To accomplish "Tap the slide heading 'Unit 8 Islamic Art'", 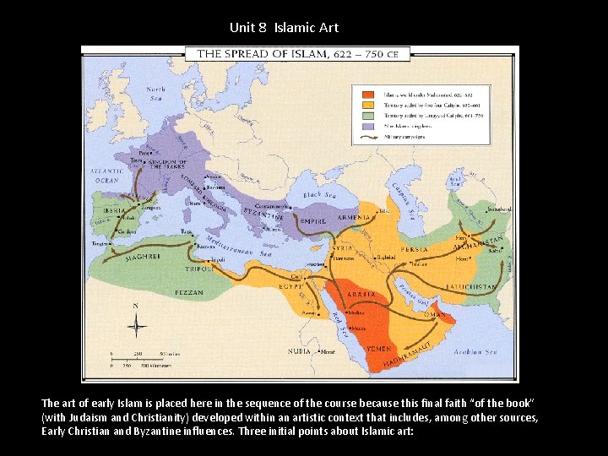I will click(284, 28).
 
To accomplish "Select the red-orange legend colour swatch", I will click(369, 95).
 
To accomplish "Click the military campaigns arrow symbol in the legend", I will click(369, 136).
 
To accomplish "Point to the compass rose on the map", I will click(136, 325).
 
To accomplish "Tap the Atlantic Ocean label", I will click(107, 175).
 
